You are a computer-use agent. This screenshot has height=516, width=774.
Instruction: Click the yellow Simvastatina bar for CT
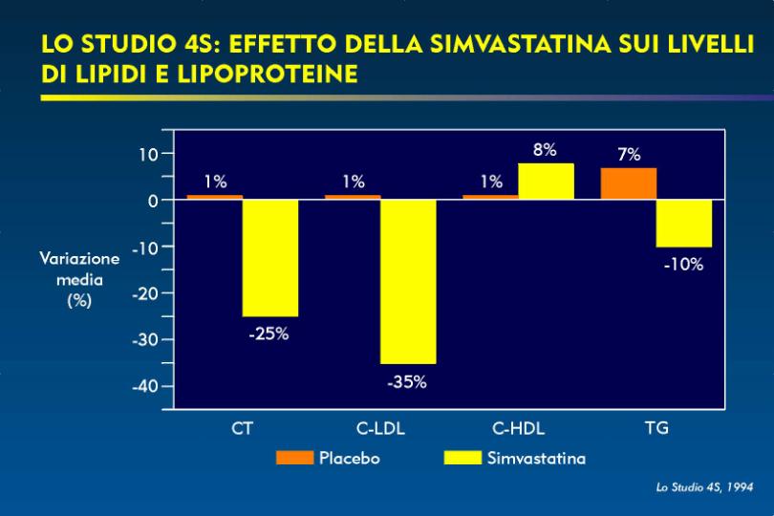270,258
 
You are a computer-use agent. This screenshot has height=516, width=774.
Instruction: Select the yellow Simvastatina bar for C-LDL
408,282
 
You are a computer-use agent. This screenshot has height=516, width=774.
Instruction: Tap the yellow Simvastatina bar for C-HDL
546,182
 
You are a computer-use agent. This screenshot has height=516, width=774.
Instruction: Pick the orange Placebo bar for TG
629,183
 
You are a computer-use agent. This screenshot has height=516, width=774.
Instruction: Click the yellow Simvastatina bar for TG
684,224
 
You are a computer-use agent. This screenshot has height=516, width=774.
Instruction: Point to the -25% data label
269,334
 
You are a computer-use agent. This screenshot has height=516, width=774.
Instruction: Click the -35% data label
407,382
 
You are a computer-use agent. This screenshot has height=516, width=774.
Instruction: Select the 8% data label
545,150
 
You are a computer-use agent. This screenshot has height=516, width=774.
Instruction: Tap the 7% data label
629,155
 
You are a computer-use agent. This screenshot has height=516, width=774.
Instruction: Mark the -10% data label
683,265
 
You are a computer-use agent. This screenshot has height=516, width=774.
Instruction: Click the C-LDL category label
380,428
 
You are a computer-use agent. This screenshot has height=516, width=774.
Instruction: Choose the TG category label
656,428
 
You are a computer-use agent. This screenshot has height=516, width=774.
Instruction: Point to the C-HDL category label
518,428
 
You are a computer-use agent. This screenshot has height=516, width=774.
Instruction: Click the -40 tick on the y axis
145,386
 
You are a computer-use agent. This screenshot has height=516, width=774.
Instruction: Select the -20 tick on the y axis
145,293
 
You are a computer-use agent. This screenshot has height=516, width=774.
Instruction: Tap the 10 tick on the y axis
148,155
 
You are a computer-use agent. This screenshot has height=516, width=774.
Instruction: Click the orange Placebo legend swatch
294,458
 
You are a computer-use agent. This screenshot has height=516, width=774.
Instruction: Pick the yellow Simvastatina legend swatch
462,458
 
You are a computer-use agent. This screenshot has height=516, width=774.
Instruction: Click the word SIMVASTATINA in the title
521,44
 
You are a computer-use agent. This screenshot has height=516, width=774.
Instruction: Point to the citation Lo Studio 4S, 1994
705,487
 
